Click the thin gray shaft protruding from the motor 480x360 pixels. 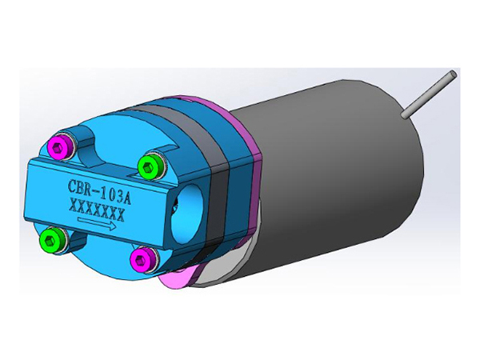click(428, 95)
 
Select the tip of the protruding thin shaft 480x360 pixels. click(452, 75)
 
